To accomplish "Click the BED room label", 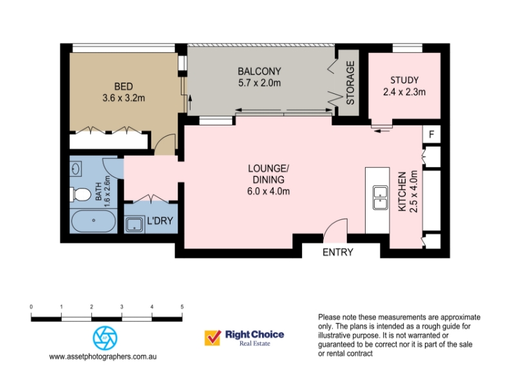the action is [x=124, y=87].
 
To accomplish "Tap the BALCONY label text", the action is [x=259, y=71].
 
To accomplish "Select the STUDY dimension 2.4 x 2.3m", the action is [x=404, y=92].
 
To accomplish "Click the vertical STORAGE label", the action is [x=350, y=83].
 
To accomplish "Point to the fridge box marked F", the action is [x=431, y=134].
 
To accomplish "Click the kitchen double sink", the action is [x=380, y=198].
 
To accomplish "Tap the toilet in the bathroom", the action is [x=80, y=194].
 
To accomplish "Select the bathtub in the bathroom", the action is [x=93, y=221].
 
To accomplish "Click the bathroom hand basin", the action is [x=76, y=169].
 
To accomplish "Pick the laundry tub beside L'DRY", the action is [x=135, y=224].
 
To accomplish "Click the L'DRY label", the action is [x=160, y=221].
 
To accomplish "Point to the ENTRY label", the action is [x=338, y=252].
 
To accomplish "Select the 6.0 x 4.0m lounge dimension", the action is [x=268, y=191].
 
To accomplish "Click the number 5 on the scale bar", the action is [x=182, y=307].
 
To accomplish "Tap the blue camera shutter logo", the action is [x=105, y=338].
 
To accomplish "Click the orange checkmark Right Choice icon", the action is [x=212, y=338].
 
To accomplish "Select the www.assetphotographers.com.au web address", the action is [x=103, y=357].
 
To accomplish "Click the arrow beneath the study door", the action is [x=382, y=131].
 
